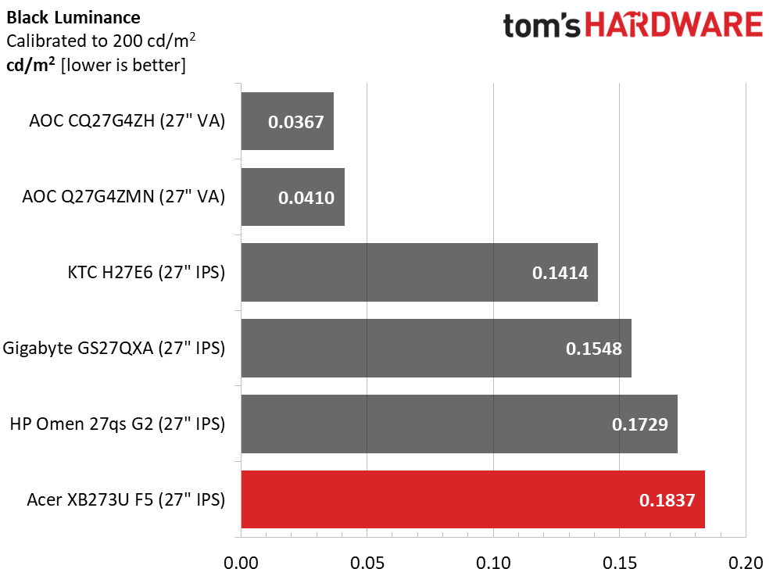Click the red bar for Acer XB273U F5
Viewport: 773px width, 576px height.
473,499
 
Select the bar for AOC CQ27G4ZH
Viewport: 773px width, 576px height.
287,121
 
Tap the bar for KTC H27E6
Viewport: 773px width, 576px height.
419,272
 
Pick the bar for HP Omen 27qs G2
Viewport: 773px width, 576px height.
459,424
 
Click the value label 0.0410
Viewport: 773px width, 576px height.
306,198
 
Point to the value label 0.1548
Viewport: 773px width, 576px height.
593,349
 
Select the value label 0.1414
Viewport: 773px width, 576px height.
560,273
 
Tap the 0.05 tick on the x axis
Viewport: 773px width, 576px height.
367,563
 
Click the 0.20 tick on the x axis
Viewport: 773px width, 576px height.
745,563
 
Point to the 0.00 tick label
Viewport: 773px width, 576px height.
242,563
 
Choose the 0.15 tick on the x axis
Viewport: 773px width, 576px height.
619,563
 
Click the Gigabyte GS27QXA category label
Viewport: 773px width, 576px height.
114,348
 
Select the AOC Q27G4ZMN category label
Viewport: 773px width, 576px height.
123,197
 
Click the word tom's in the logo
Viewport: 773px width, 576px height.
542,26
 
